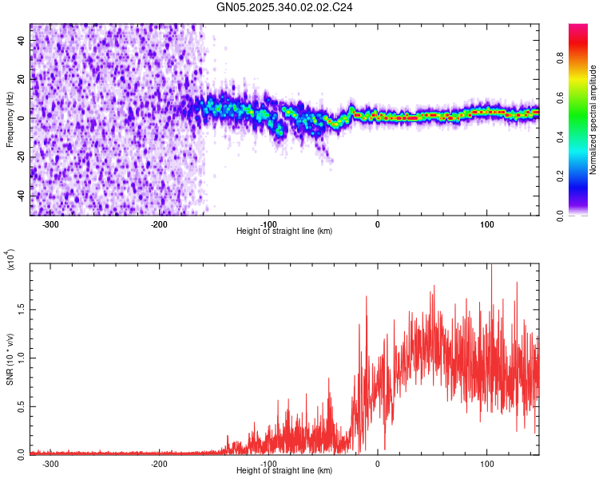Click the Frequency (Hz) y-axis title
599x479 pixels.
pyautogui.click(x=10, y=120)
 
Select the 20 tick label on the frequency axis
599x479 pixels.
pyautogui.click(x=22, y=80)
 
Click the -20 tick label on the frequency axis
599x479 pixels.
pyautogui.click(x=20, y=157)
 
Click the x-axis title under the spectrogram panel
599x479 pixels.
pyautogui.click(x=284, y=231)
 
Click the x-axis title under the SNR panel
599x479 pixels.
pyautogui.click(x=284, y=470)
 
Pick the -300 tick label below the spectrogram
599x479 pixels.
pyautogui.click(x=50, y=224)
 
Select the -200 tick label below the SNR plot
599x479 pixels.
pyautogui.click(x=160, y=463)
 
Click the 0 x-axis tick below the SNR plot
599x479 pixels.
pyautogui.click(x=378, y=463)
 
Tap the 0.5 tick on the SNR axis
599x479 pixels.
pyautogui.click(x=22, y=406)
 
